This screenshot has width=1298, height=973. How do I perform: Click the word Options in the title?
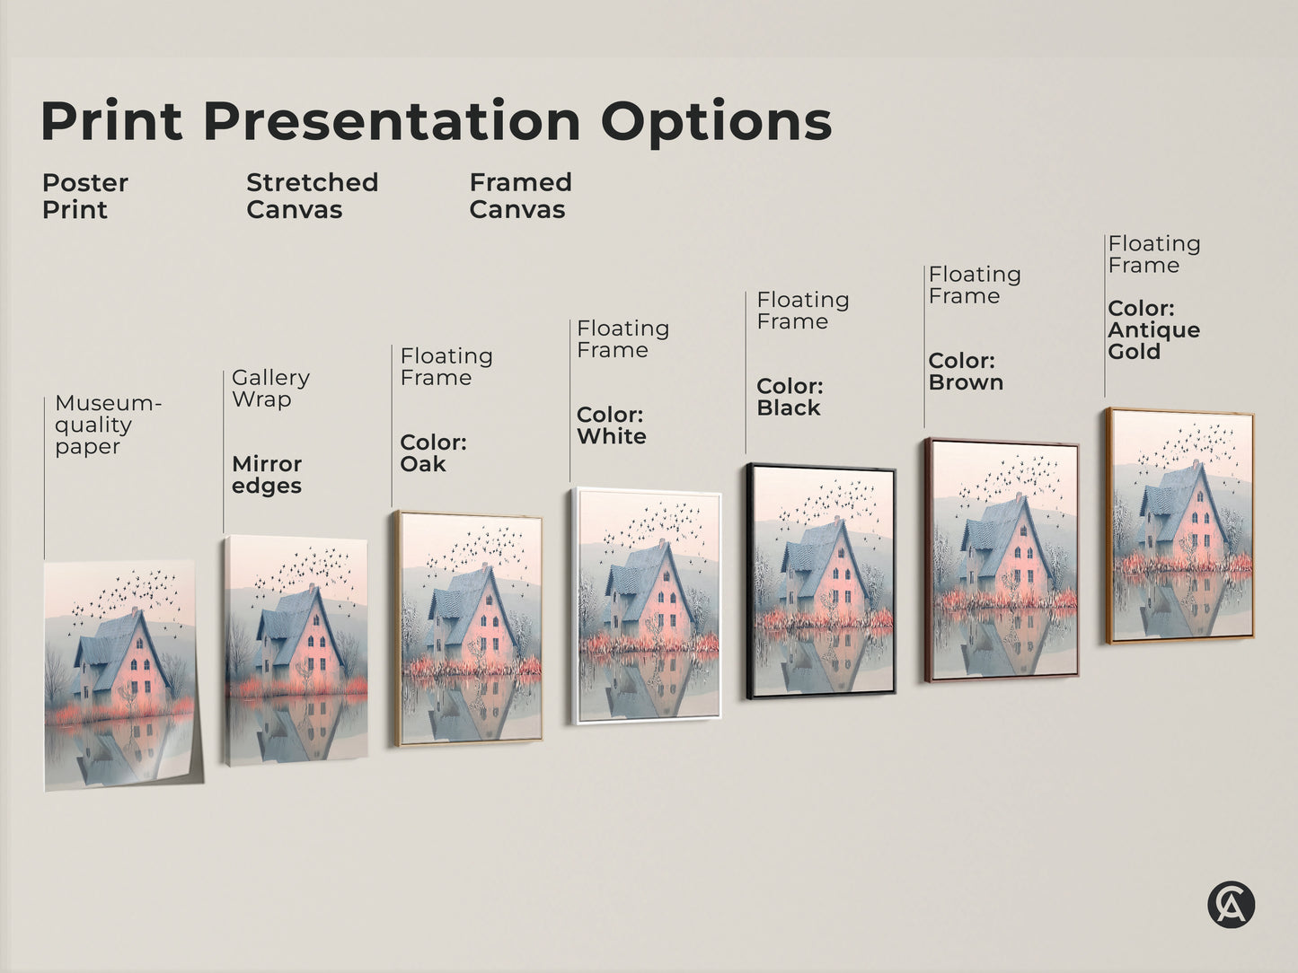716,122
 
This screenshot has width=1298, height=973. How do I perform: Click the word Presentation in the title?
392,120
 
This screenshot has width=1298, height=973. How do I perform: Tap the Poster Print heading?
84,196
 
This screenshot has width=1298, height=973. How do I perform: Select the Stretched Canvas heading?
312,196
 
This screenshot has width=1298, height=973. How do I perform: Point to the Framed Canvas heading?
520,196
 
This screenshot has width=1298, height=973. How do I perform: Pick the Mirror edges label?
267,475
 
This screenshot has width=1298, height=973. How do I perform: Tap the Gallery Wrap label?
270,388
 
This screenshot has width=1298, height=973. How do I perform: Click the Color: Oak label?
433,453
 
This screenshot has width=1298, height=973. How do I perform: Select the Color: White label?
611,425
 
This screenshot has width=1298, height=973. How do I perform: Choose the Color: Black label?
790,397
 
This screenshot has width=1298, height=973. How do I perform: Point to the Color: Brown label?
966,372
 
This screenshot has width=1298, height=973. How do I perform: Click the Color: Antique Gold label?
1153,329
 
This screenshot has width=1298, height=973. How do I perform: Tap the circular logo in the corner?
1231,904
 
